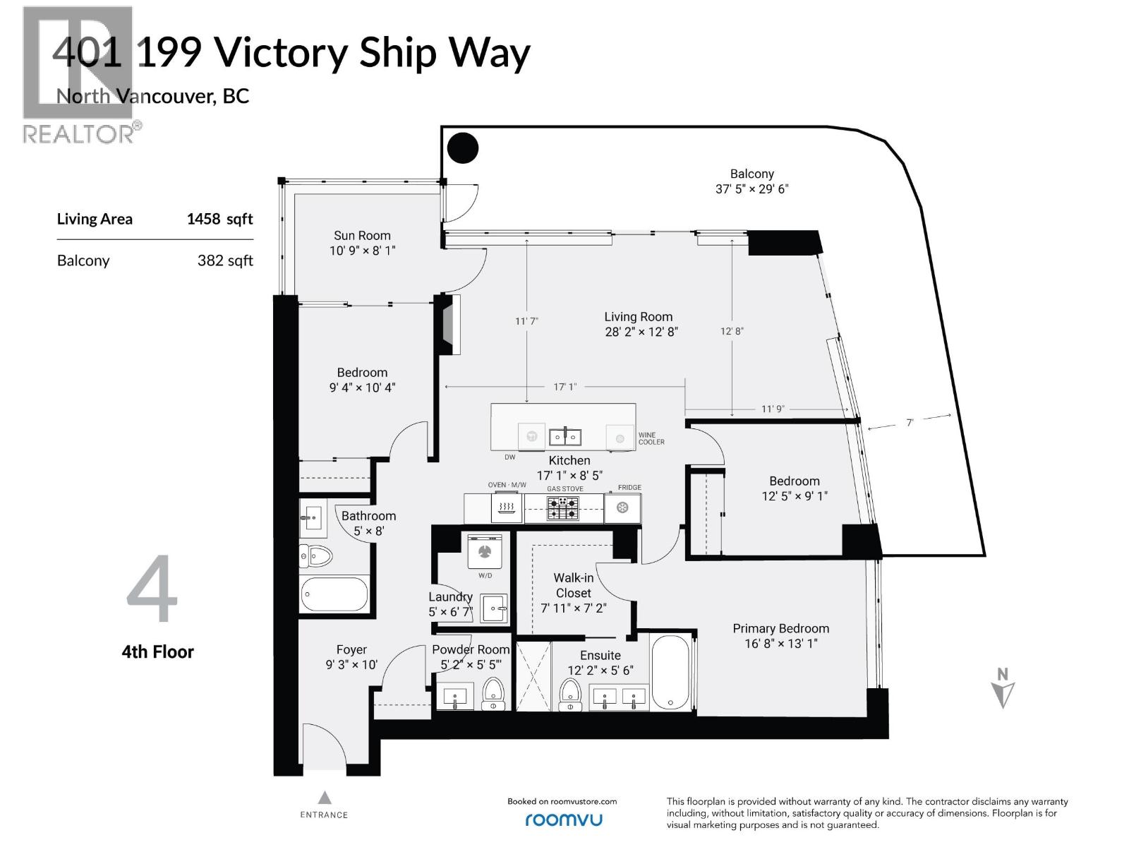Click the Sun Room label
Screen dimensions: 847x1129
(362, 236)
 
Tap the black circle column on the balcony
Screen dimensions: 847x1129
(464, 148)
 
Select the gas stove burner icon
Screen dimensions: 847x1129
(563, 508)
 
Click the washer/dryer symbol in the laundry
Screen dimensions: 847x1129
(485, 551)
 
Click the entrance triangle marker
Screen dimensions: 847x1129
(324, 798)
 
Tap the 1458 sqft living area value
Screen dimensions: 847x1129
(219, 219)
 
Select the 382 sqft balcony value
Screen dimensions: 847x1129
(225, 260)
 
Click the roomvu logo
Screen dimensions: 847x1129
(563, 819)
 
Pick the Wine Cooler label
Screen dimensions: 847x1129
(651, 438)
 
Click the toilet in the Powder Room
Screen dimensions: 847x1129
(493, 694)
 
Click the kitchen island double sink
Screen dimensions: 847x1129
(565, 437)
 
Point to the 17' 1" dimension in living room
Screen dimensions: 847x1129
(564, 387)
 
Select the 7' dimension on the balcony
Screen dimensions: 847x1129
(910, 422)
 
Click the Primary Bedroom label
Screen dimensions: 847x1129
(780, 628)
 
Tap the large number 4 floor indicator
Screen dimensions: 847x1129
(152, 589)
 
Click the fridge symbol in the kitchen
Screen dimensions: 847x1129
(622, 507)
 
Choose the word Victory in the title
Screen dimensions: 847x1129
(279, 53)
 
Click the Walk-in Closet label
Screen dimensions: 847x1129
(573, 585)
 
